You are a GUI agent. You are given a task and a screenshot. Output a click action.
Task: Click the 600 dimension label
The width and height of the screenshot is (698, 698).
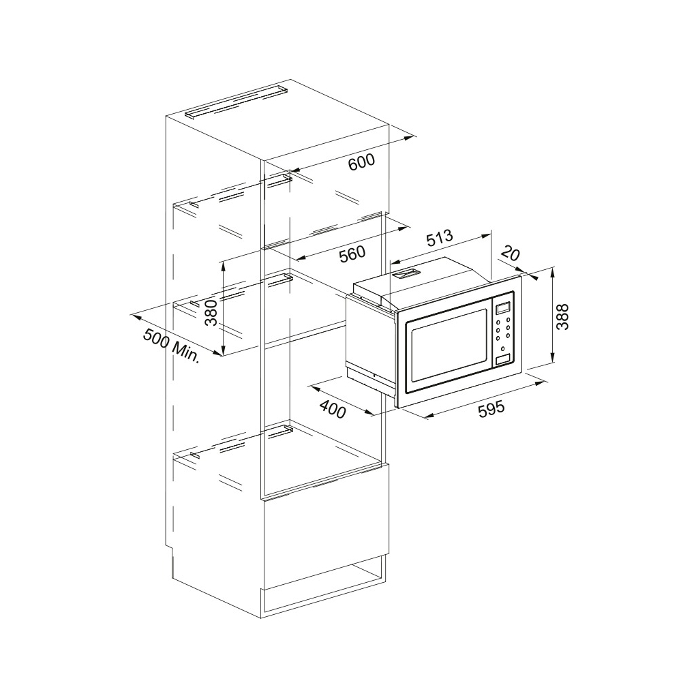361,162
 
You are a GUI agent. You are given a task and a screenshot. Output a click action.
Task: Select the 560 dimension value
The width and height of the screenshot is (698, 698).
352,254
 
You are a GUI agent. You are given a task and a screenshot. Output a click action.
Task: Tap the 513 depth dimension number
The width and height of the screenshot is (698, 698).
440,238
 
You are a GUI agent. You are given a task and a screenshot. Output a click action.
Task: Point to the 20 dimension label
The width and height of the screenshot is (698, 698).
510,254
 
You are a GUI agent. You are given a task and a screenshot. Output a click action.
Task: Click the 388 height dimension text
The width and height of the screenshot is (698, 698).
562,316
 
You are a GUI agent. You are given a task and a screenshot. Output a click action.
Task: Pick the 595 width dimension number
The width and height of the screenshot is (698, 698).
491,409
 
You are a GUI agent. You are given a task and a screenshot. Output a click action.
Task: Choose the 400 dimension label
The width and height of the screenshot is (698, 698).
333,409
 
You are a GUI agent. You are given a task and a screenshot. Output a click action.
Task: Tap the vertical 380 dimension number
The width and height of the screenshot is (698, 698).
211,312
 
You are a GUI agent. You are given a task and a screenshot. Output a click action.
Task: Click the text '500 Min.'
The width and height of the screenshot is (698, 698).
171,346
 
